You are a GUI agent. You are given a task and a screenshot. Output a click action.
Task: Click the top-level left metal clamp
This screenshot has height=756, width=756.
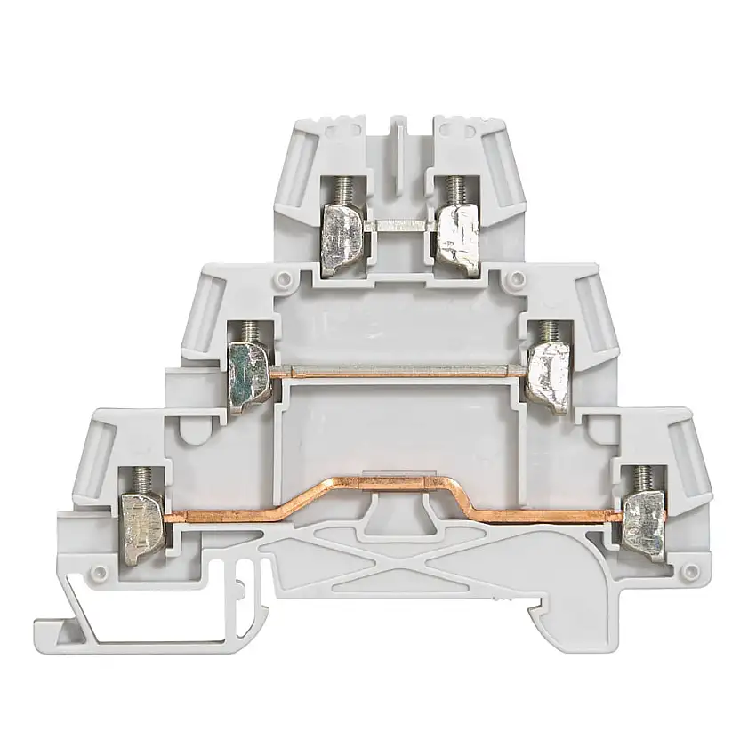(x=342, y=234)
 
